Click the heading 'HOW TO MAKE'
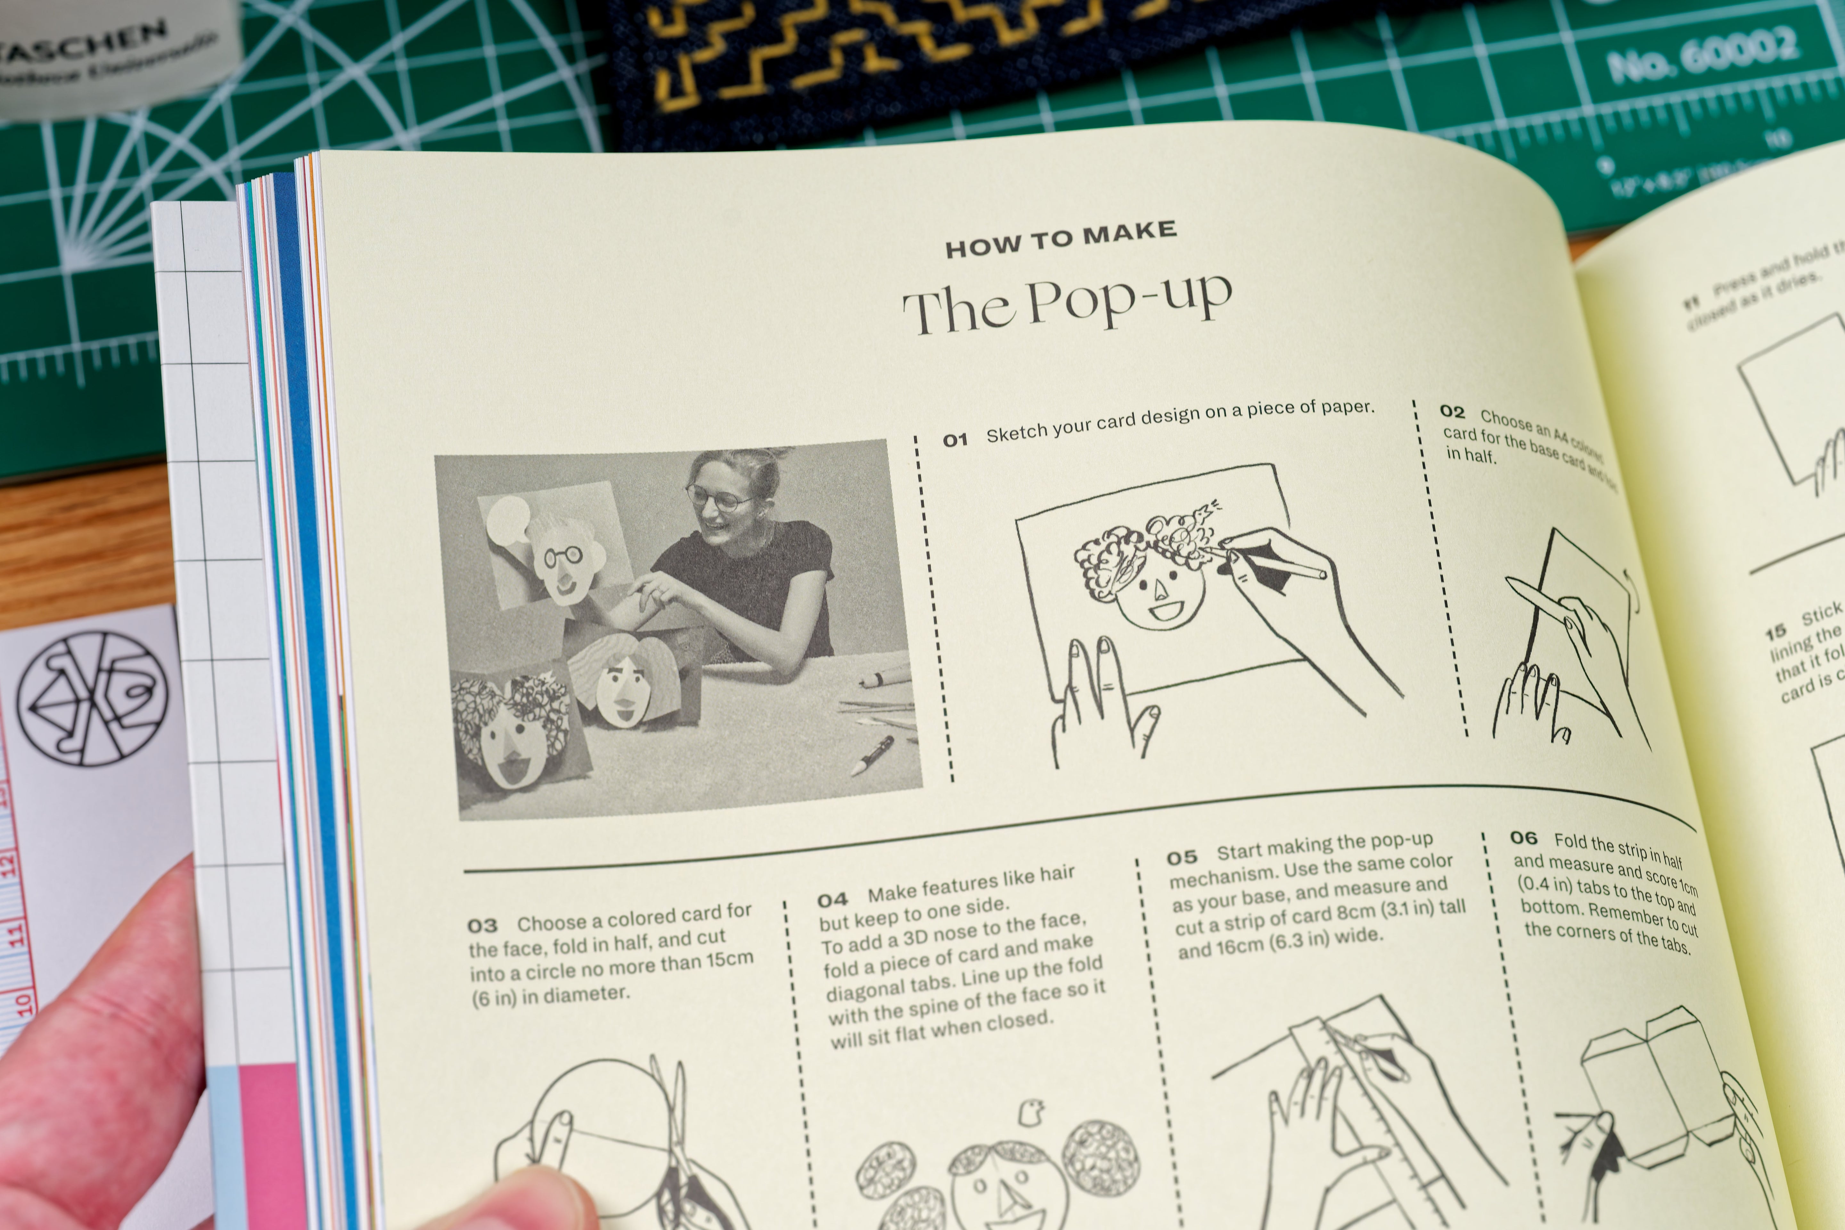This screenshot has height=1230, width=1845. [x=1061, y=239]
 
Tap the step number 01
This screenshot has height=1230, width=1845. [x=955, y=440]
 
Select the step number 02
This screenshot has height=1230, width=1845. [x=1452, y=412]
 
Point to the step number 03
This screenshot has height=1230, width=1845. [x=482, y=926]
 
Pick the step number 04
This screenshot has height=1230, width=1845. [x=832, y=899]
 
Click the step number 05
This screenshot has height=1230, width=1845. [x=1181, y=857]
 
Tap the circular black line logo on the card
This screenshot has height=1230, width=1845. [x=93, y=698]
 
